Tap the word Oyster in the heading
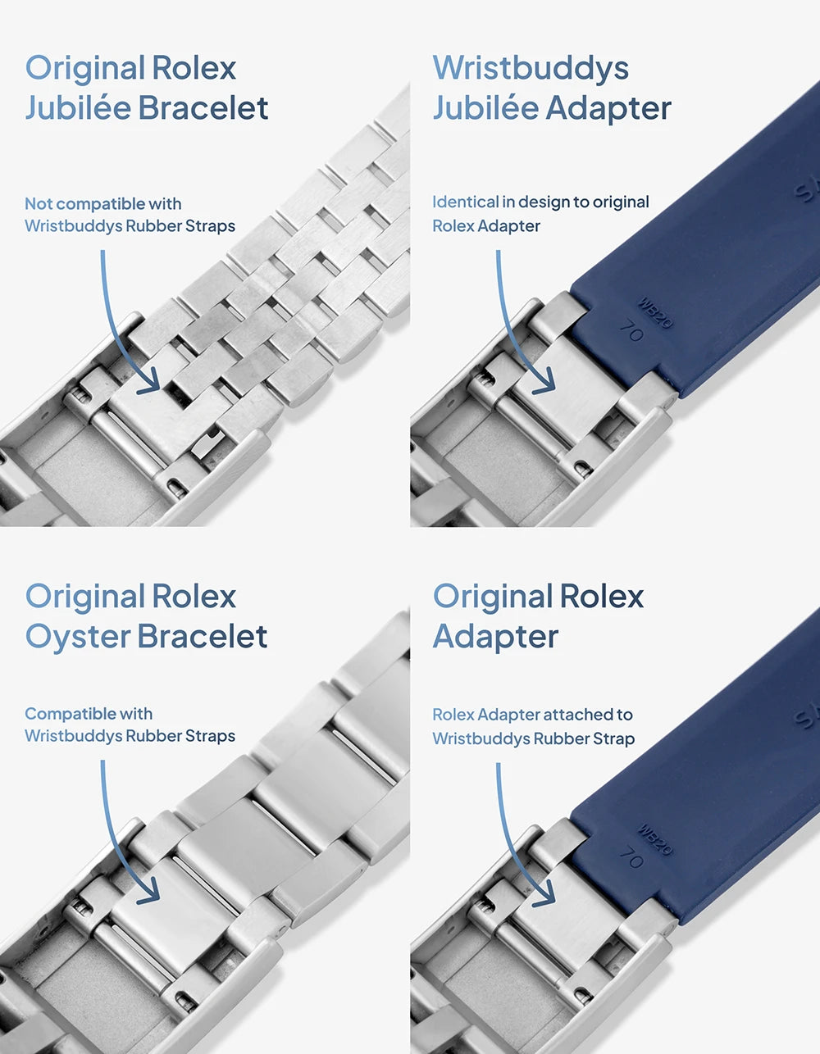(x=77, y=637)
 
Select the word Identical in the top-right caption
(x=465, y=202)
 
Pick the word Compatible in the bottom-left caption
(x=71, y=714)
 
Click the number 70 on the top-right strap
(x=631, y=332)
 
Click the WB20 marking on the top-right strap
(x=655, y=312)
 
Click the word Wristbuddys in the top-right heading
(x=531, y=69)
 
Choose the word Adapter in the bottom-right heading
(x=495, y=637)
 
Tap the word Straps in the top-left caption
(x=211, y=226)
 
